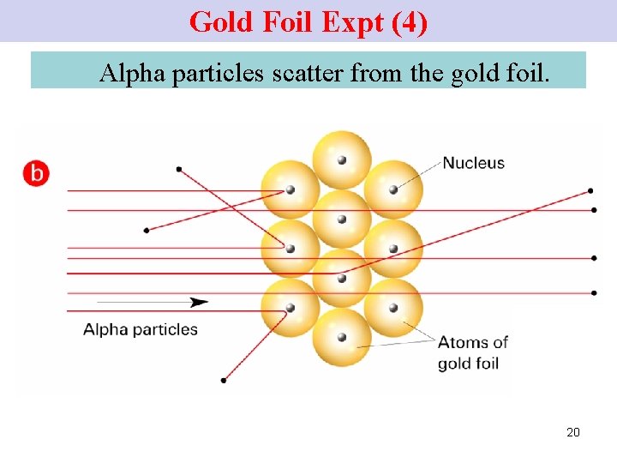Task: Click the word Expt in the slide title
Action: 352,21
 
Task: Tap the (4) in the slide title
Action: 409,21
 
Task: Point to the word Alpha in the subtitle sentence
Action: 132,74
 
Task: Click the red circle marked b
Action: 36,172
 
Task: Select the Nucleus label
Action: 474,163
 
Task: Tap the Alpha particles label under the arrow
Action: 141,329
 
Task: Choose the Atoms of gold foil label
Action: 472,352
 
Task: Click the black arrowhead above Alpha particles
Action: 200,302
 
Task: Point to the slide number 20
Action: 573,432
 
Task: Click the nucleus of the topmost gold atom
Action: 342,159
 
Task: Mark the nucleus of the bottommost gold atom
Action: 342,337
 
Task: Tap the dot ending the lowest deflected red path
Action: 224,380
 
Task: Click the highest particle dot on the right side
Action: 591,190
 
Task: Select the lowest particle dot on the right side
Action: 594,292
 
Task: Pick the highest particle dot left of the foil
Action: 178,169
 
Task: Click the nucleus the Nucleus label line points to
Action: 393,189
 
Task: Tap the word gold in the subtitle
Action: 475,74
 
